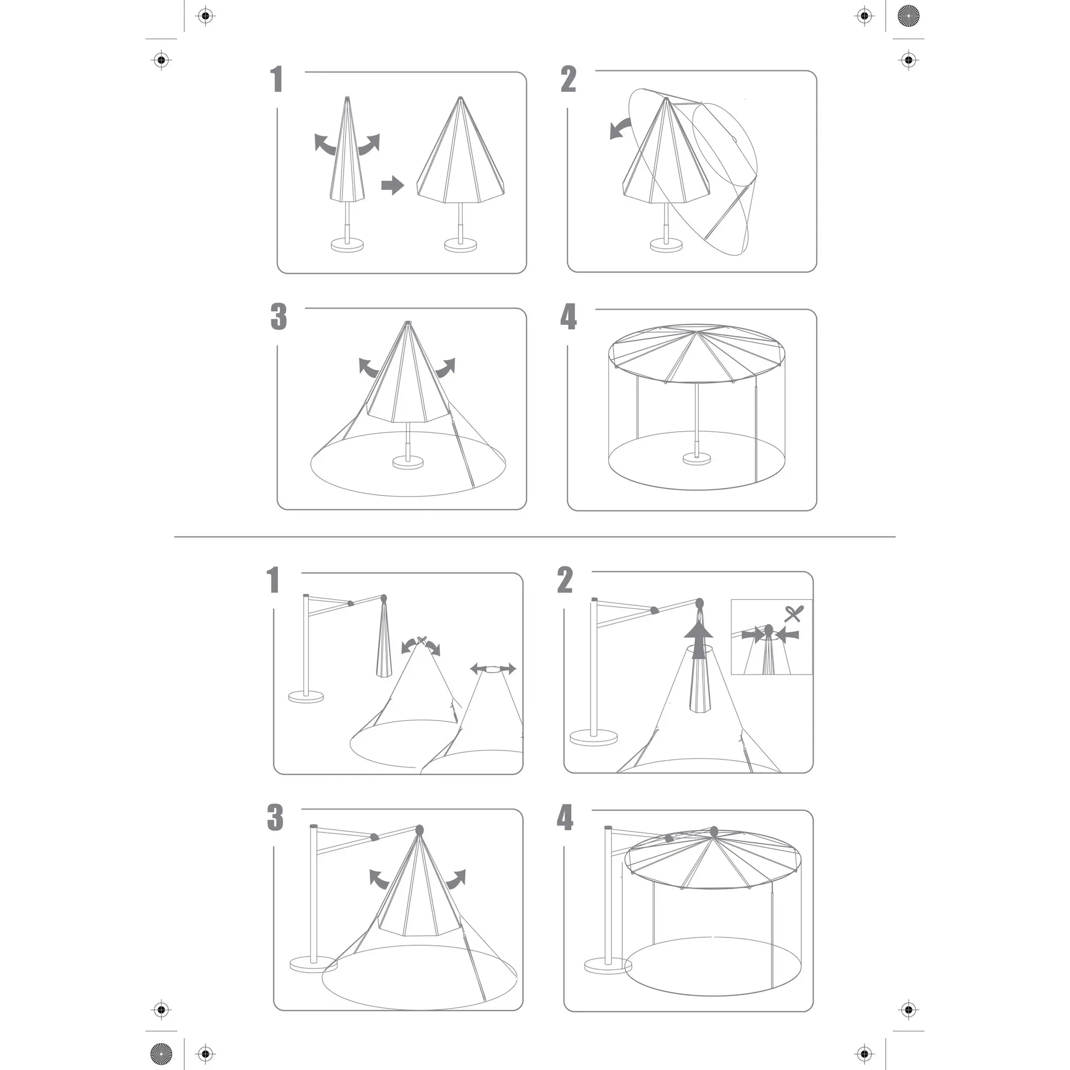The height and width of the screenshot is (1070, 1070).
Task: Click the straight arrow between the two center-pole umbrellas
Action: (x=393, y=185)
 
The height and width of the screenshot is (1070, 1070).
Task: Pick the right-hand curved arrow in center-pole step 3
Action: (x=445, y=367)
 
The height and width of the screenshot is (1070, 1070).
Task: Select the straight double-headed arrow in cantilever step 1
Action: (x=493, y=668)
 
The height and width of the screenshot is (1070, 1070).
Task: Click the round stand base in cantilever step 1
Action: (x=305, y=697)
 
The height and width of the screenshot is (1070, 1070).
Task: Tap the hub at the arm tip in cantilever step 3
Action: (x=419, y=830)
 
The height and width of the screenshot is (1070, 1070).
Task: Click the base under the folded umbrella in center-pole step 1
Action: (x=347, y=244)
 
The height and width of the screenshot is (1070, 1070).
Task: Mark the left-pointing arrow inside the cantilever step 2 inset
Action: (x=788, y=633)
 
